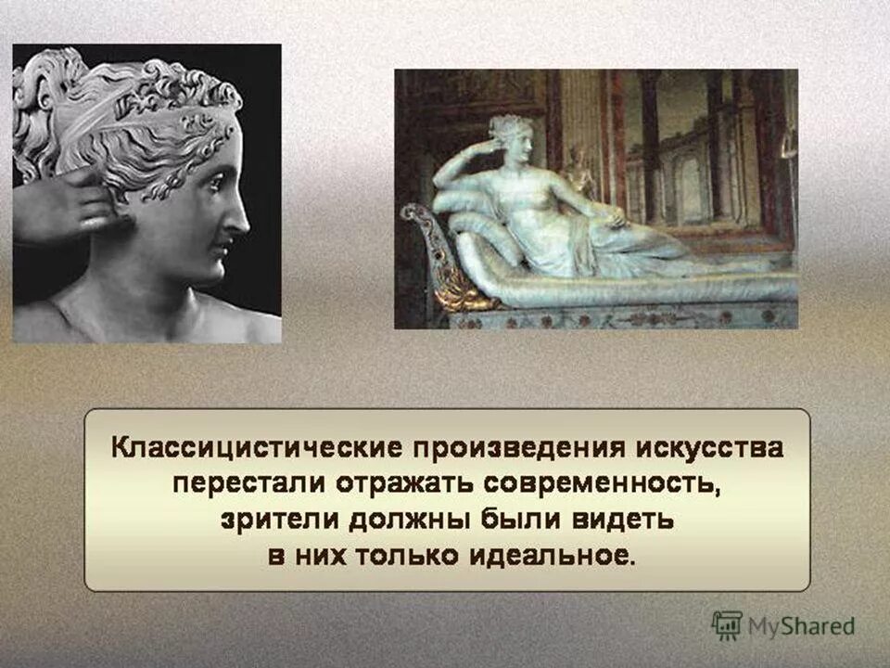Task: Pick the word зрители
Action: click(x=268, y=520)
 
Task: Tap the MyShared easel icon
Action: click(x=728, y=624)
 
